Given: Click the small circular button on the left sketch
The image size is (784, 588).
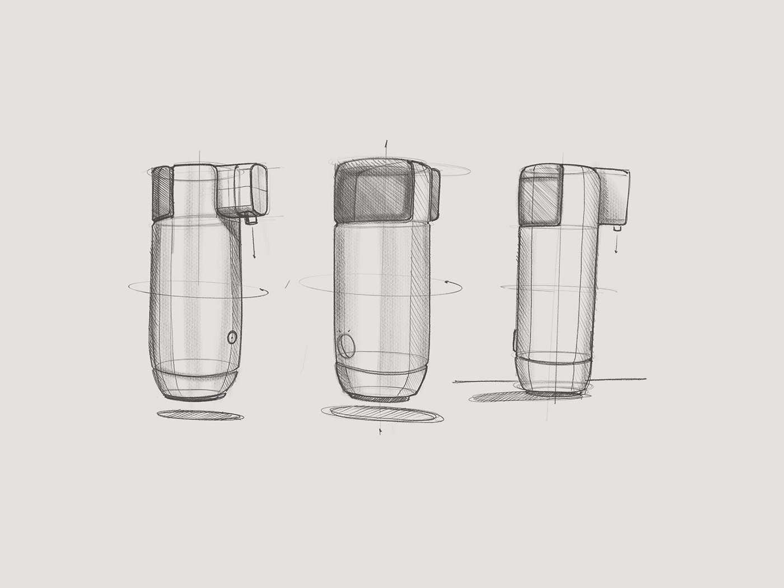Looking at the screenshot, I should click(232, 337).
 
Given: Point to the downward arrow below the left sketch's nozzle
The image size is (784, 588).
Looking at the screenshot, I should click(253, 244).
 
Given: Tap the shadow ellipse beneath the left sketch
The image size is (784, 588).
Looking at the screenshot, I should click(200, 415).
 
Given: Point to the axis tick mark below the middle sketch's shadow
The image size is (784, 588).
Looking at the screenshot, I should click(381, 431).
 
